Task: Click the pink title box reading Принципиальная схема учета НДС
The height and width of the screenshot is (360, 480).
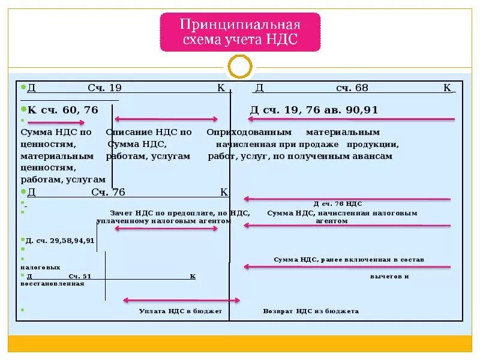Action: [240, 32]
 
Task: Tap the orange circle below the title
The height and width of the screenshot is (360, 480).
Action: [240, 67]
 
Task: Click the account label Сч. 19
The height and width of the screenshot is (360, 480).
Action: [104, 88]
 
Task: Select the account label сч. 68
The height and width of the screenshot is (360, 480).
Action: [352, 88]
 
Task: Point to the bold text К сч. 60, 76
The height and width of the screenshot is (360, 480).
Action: [63, 110]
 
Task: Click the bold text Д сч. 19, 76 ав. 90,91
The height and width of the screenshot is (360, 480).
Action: [314, 110]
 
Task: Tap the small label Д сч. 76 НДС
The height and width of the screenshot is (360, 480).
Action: [338, 204]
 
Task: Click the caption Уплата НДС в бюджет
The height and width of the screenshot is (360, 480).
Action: [180, 311]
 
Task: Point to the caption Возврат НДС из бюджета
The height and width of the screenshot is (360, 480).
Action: [311, 311]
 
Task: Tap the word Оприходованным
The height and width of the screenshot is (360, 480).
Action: [249, 132]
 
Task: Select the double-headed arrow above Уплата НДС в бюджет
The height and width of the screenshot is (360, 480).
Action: [181, 300]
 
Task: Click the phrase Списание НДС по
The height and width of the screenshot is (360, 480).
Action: [149, 132]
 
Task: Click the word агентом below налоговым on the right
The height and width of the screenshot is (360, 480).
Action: [331, 221]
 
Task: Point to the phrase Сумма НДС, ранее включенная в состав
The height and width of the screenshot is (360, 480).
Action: [349, 260]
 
